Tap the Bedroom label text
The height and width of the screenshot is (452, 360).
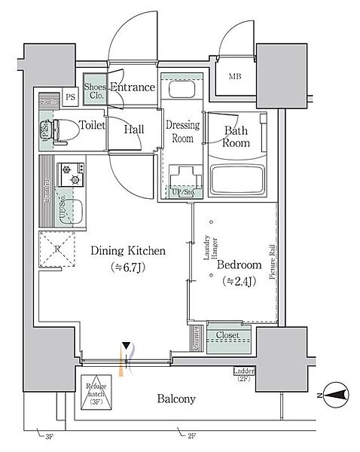point(239,265)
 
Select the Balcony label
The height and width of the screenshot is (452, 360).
point(176,399)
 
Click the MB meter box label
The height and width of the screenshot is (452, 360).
point(236,75)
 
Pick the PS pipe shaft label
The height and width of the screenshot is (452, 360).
point(70,97)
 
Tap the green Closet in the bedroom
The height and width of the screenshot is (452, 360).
point(227,335)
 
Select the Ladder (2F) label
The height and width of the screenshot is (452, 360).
point(243,374)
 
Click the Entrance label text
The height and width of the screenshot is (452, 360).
point(133,88)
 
